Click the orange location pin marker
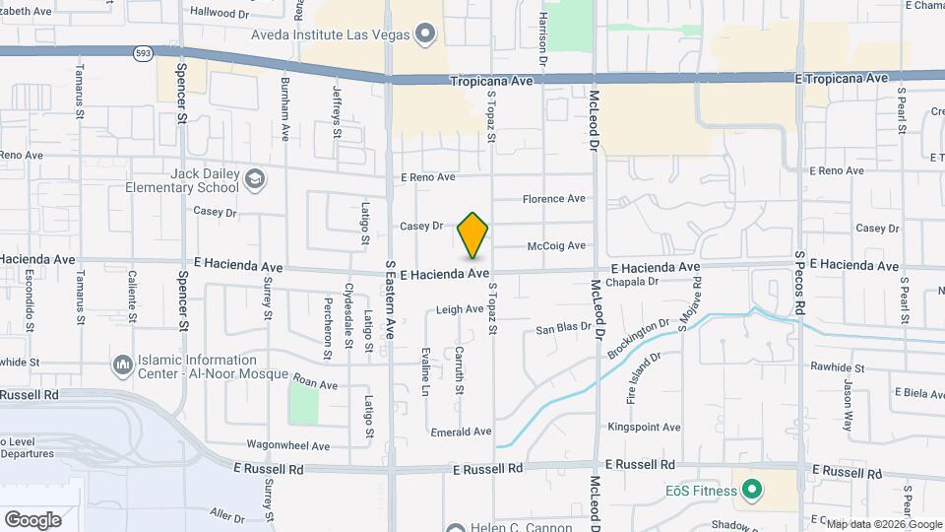[472, 234]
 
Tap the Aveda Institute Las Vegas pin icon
[425, 34]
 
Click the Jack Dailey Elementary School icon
[255, 179]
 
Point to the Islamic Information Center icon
[123, 366]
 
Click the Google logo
[32, 520]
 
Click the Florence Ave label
[553, 199]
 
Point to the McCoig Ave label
[556, 245]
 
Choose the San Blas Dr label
[562, 328]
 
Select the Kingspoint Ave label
[644, 428]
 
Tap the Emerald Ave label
[461, 432]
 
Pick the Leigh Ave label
[460, 308]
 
